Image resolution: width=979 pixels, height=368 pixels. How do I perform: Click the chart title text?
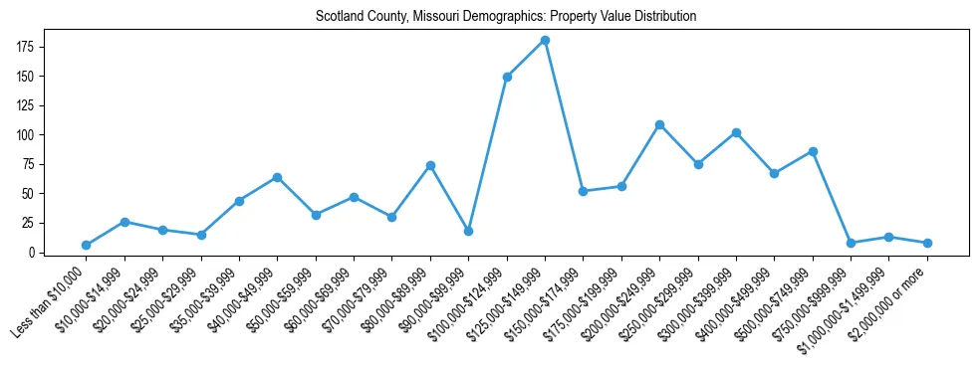click(506, 17)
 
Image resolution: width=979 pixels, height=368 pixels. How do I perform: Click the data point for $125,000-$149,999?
click(545, 41)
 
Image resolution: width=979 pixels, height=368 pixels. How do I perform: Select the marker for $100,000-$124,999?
click(507, 77)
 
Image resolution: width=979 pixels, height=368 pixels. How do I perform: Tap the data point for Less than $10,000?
click(87, 245)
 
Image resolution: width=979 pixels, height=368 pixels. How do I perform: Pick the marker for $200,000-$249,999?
click(659, 124)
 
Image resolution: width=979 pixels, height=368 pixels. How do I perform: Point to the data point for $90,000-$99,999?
click(468, 231)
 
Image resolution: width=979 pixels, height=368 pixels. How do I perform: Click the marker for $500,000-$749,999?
click(813, 151)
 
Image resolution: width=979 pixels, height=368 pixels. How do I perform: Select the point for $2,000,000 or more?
click(927, 243)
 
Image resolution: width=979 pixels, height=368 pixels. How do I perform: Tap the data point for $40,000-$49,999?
click(277, 177)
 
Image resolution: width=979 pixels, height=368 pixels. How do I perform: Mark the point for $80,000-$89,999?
click(430, 165)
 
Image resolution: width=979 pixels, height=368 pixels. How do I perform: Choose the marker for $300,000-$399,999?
click(736, 132)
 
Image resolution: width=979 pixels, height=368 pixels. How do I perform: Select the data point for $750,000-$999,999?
click(851, 243)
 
